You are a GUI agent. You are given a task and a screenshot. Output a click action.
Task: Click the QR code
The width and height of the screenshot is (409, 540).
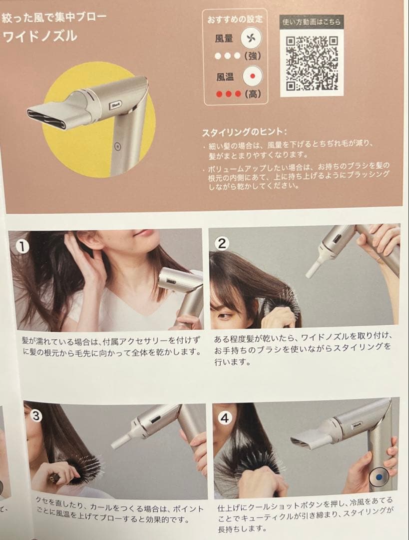[312, 63]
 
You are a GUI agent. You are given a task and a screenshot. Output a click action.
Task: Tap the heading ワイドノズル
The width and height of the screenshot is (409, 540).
[40, 36]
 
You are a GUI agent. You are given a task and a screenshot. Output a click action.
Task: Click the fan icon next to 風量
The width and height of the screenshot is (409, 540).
[251, 38]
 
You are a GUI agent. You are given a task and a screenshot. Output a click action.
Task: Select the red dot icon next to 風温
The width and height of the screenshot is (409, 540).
[252, 76]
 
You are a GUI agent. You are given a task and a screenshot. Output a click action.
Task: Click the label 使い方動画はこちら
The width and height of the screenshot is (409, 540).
[311, 22]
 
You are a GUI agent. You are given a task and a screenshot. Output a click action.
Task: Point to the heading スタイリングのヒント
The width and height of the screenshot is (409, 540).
[244, 132]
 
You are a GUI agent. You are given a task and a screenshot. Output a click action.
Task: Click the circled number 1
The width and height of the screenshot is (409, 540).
[23, 246]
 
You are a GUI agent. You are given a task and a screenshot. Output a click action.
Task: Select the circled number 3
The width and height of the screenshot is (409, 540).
[36, 416]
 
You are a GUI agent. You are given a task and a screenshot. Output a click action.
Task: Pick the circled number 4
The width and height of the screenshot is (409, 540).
[225, 418]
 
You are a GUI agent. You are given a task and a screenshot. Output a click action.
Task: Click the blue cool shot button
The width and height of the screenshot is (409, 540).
[379, 477]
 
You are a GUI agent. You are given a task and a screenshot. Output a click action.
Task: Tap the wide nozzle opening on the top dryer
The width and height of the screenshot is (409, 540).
[46, 118]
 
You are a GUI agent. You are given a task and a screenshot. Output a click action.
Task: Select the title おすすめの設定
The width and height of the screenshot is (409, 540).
[235, 19]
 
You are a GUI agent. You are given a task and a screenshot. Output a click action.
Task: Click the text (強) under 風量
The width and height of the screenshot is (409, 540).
[253, 56]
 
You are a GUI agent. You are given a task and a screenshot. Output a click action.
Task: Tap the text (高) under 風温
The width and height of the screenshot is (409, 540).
[253, 93]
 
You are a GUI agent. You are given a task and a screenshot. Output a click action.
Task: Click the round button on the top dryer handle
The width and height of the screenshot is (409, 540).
[118, 146]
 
